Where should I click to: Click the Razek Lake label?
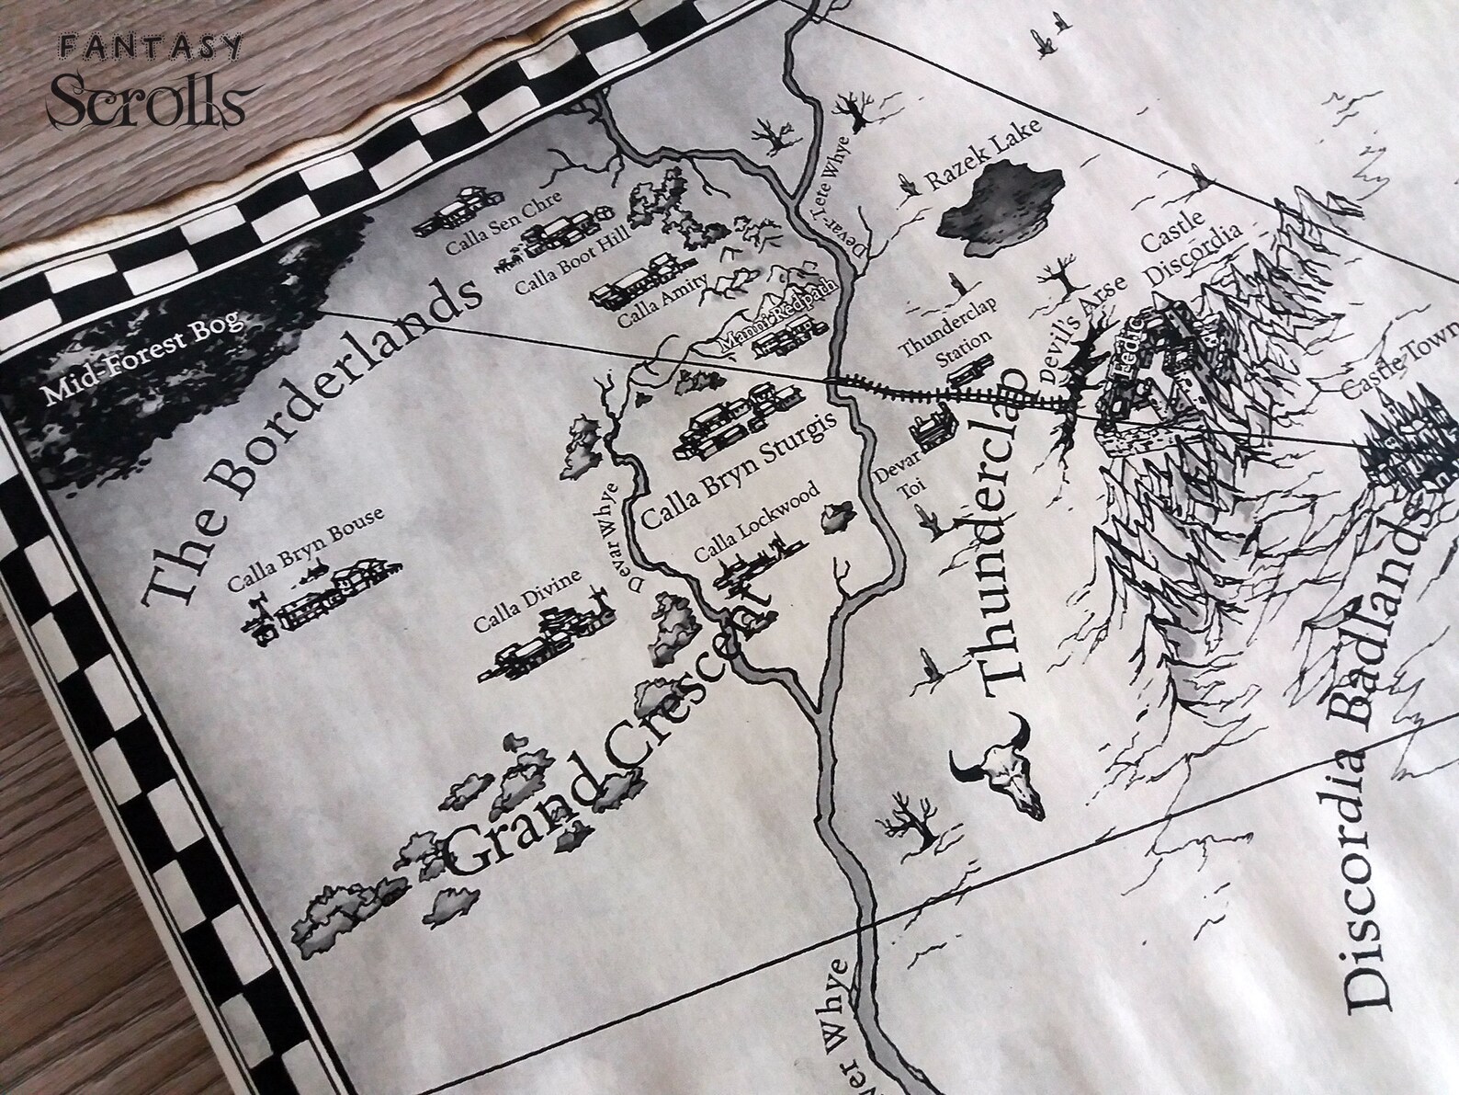click(983, 154)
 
